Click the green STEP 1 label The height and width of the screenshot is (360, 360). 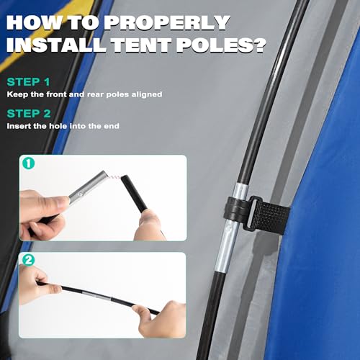pyautogui.click(x=29, y=81)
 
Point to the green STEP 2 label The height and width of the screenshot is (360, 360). pyautogui.click(x=30, y=113)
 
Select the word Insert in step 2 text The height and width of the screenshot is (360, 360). pyautogui.click(x=19, y=126)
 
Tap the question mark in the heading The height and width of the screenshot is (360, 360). pyautogui.click(x=254, y=46)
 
